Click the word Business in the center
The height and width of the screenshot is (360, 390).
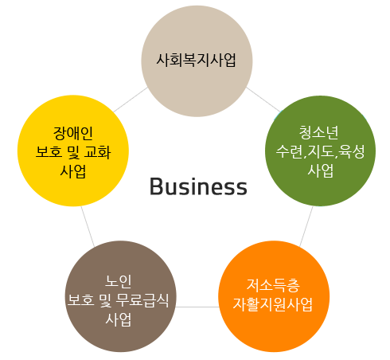coord(198,186)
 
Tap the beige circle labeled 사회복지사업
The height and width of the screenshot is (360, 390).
coord(197,61)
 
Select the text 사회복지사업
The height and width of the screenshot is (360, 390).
coord(197,60)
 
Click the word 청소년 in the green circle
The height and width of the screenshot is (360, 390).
coord(319,132)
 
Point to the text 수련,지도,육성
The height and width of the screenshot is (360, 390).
coord(320,151)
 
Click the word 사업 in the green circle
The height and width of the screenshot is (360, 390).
coord(320,170)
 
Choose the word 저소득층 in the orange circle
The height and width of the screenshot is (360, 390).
coord(274,285)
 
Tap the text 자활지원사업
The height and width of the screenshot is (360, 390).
coord(273,304)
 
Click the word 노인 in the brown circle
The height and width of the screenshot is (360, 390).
coord(119,281)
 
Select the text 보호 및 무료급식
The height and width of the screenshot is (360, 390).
coord(119,300)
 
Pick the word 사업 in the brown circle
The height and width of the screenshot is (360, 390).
coord(119,319)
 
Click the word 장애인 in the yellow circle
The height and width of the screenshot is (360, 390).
coord(73,133)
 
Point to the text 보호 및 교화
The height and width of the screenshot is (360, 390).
coord(73,152)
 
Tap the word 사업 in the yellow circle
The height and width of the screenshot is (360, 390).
coord(73,171)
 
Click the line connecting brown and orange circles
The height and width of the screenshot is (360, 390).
coord(197,307)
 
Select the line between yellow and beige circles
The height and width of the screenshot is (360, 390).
coord(131,100)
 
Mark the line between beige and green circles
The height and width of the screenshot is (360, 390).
coord(263,100)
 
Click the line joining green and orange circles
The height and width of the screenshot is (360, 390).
coord(306,227)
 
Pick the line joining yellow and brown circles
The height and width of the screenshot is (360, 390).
coord(88,227)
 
